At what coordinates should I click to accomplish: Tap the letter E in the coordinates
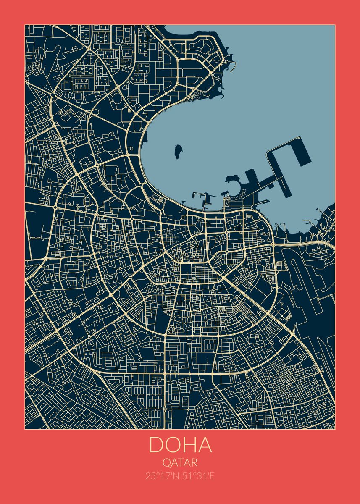213,476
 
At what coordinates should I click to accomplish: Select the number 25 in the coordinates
150,476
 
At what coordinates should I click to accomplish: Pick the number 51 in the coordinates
187,476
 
